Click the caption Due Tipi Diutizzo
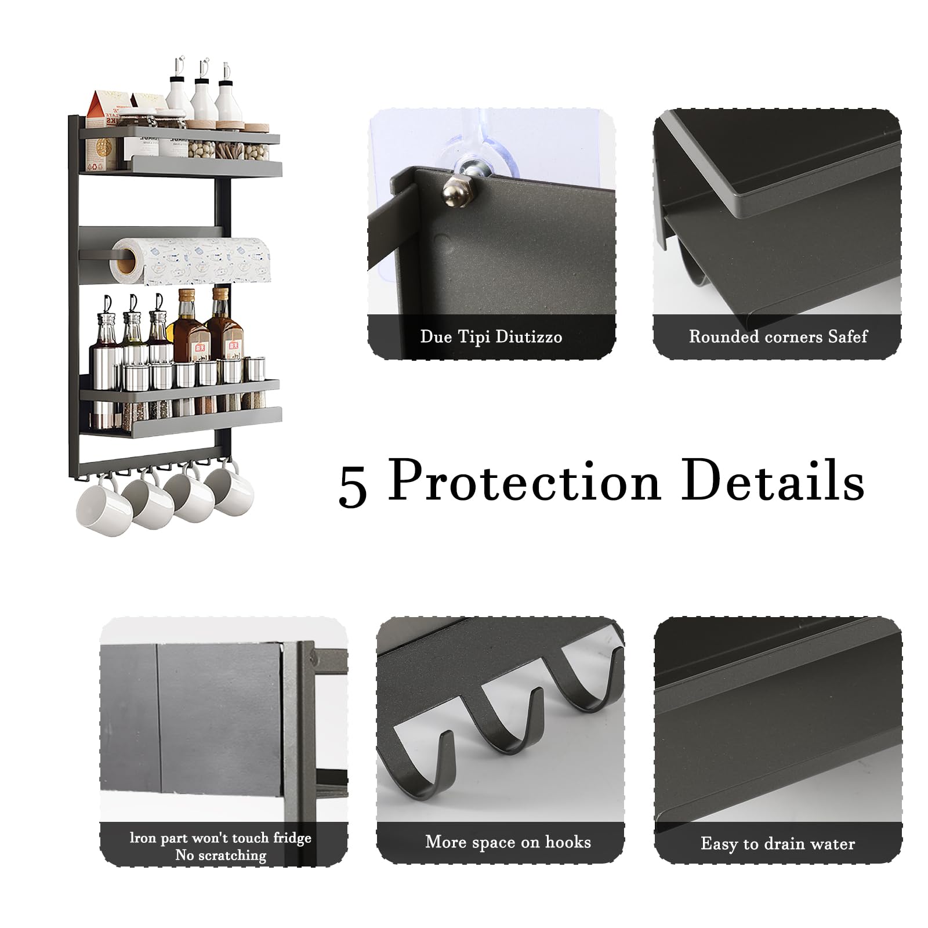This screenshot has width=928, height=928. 491,337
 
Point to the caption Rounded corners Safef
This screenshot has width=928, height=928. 778,336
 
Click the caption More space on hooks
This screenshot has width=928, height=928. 507,842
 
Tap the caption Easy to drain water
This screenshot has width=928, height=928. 777,843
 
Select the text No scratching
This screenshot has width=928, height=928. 221,855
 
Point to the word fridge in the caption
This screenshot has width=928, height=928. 292,838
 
